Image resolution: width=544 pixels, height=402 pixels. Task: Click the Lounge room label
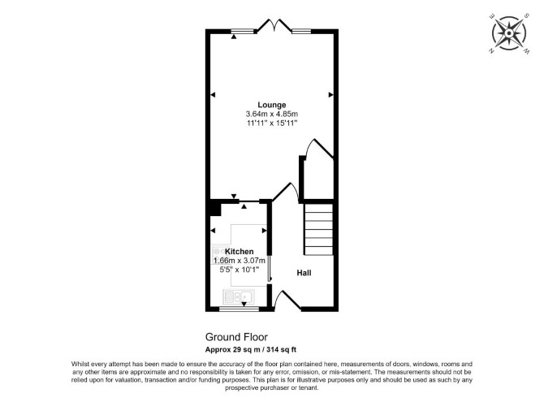coord(272,105)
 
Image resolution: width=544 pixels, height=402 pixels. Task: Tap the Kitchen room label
coord(239,251)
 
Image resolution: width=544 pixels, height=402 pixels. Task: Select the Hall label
coord(304,273)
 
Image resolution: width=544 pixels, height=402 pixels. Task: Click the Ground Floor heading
coord(236,337)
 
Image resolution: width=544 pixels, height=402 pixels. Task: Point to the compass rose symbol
coord(509,33)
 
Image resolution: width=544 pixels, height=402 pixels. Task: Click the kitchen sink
coord(239,296)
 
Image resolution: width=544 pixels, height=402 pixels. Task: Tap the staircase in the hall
coord(318,229)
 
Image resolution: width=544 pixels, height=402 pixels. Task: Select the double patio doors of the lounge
coord(274,25)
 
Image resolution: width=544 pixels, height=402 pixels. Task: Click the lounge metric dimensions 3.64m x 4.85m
coord(272,114)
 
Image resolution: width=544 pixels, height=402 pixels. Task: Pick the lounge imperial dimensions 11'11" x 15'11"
coord(272,123)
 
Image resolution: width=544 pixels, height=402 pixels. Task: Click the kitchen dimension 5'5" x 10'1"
coord(240,270)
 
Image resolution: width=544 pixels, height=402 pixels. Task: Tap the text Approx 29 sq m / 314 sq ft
coord(251,349)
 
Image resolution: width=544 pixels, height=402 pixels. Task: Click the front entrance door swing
coord(287,300)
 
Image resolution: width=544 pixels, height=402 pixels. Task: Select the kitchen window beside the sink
coord(239,309)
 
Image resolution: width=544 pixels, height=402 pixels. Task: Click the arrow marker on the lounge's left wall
coord(213,95)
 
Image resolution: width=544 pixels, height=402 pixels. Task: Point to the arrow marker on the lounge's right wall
coord(331,95)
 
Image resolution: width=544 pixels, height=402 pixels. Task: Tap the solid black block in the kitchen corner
coord(215,209)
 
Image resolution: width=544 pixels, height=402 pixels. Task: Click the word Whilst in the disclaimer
coord(80,364)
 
